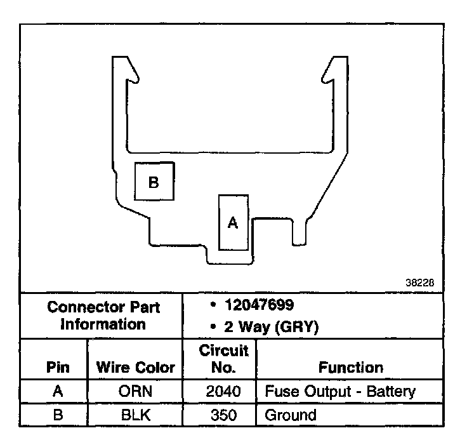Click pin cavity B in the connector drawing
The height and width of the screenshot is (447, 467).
[x=153, y=182]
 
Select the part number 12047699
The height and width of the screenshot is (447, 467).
[x=256, y=305]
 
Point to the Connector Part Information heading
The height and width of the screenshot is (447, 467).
[x=103, y=316]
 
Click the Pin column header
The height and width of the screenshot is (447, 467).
[x=58, y=368]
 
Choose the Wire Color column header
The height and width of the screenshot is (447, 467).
[x=135, y=368]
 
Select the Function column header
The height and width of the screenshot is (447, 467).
[x=350, y=368]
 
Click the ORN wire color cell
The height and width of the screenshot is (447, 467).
[x=135, y=391]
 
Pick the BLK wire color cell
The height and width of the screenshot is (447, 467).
[x=135, y=415]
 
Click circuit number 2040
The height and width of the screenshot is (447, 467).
[x=223, y=391]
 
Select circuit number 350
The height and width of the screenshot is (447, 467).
[x=223, y=415]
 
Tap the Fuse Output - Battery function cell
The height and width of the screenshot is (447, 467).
[x=340, y=391]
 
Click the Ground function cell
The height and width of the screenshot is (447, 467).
[x=290, y=415]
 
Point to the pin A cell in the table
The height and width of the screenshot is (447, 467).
[x=58, y=391]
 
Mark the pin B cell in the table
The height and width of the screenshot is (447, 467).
[x=58, y=415]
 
